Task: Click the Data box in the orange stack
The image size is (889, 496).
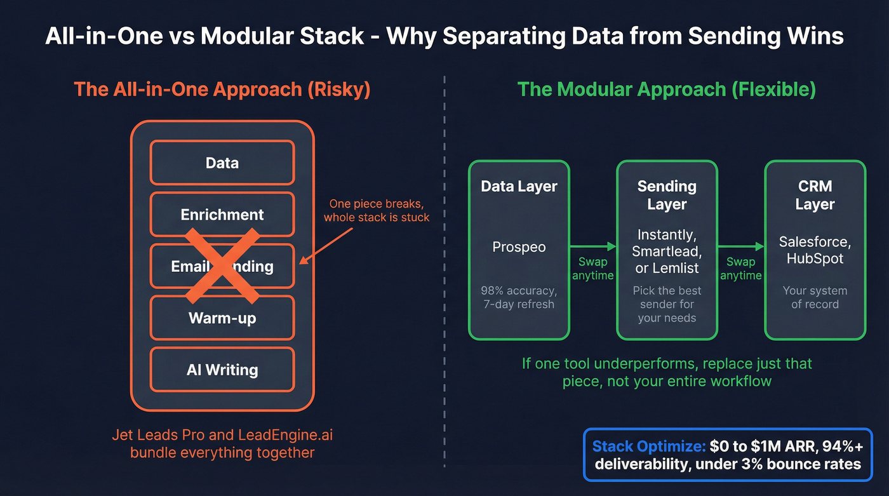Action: point(222,163)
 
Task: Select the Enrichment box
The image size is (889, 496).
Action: point(222,215)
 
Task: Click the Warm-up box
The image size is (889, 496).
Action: point(222,318)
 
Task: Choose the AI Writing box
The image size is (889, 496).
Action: point(222,370)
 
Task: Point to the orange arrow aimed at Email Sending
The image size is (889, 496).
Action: point(327,244)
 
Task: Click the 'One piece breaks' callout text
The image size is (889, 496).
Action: point(376,211)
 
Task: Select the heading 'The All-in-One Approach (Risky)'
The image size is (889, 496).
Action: point(222,89)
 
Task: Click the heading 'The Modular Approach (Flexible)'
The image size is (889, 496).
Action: point(666,89)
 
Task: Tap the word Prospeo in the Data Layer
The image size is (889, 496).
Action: point(519,247)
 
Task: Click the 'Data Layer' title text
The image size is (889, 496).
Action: point(519,187)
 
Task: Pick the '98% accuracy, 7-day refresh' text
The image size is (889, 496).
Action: point(519,297)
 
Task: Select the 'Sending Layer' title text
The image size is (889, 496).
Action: point(667,195)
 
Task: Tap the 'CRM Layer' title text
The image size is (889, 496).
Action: point(815,195)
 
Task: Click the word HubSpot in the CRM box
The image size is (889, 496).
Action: point(815,258)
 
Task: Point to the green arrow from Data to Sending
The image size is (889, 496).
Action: point(593,246)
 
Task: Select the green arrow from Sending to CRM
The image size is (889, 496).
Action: point(740,246)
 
